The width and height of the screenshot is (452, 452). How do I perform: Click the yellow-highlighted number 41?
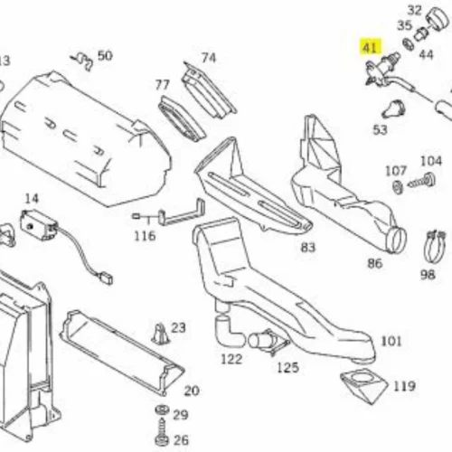pos(370,48)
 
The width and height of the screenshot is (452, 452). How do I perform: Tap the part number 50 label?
pos(105,56)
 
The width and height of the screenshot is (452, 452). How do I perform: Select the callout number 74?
pos(209,58)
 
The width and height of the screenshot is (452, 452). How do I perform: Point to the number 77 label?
pos(163,85)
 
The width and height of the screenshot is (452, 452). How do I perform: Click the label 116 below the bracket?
pos(145,236)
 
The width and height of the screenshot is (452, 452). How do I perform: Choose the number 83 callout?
pos(308,248)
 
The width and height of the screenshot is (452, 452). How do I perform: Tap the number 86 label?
pos(375,264)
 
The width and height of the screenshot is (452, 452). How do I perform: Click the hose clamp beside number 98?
pos(434,246)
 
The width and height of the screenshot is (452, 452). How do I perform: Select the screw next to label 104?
pos(422,182)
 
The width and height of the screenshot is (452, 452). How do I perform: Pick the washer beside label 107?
pos(398,187)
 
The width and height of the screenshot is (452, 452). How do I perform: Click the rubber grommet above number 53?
pos(393,109)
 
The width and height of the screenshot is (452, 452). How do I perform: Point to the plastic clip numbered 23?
pos(160,334)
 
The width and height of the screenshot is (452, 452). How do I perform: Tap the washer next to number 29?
pos(162,410)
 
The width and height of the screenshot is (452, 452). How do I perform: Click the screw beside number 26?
pos(162,432)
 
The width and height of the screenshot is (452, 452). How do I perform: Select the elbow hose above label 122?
pos(228,330)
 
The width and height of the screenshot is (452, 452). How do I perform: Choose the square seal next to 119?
pos(363,387)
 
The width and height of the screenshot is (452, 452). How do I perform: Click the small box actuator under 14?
pos(39,224)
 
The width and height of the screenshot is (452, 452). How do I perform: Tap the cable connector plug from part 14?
pos(105,278)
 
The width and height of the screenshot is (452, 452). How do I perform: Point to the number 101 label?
pos(391,342)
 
